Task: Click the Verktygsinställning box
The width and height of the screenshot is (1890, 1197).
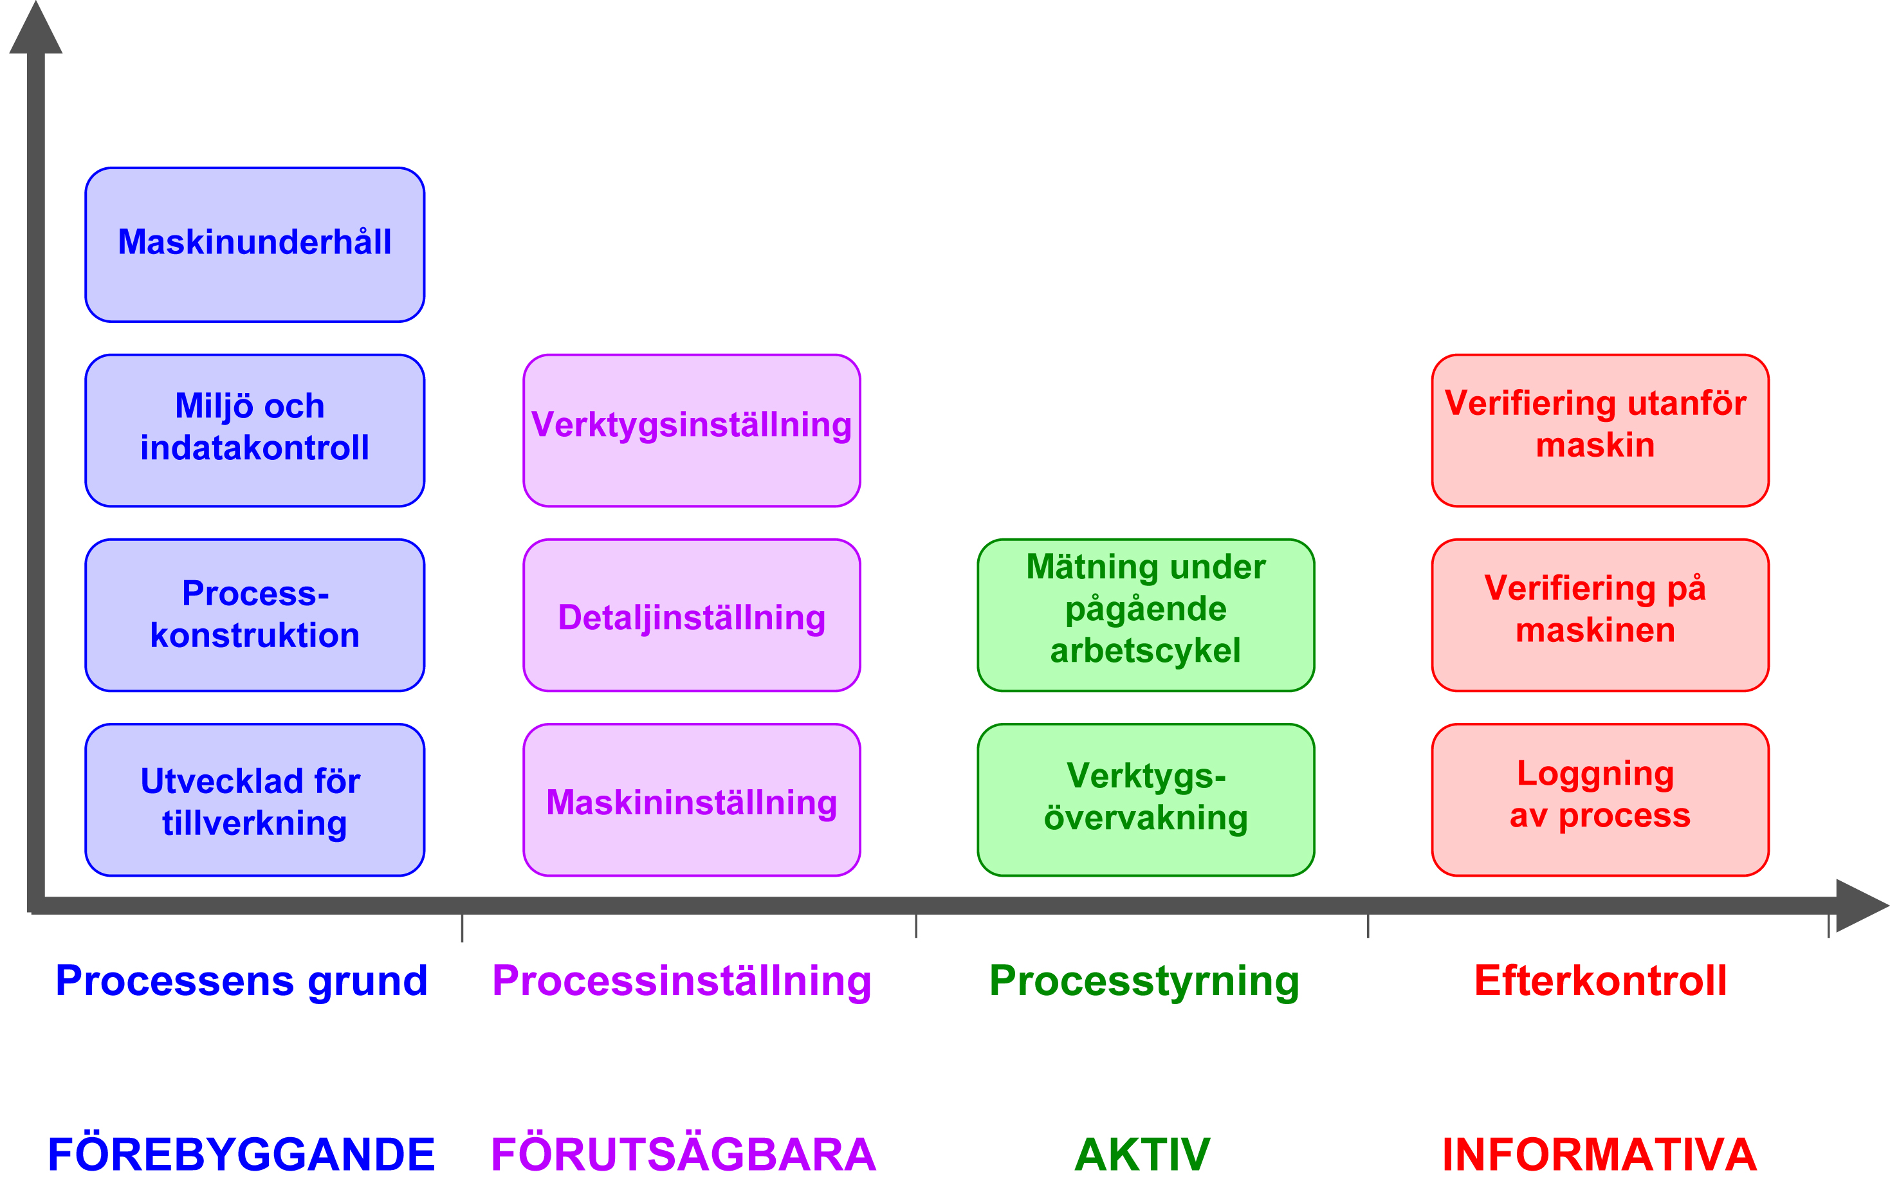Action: (692, 430)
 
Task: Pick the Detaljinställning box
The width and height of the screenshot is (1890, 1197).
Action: (692, 615)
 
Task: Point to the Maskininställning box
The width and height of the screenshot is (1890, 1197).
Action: (692, 800)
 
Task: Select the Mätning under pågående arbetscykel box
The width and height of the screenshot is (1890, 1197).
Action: (1145, 615)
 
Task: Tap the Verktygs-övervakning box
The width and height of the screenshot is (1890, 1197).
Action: (1145, 800)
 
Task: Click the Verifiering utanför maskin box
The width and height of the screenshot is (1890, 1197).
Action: (1600, 430)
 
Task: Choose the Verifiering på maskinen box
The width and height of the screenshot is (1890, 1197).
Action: (1600, 615)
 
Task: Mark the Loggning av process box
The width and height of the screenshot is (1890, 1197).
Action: (1600, 800)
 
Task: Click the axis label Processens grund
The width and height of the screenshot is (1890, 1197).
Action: (242, 981)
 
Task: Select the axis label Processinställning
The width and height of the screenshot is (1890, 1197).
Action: (681, 981)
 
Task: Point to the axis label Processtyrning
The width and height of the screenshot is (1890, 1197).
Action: (1144, 981)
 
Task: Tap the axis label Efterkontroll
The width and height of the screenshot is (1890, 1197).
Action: (1600, 981)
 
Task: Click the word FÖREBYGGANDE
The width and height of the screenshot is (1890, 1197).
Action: (242, 1154)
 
